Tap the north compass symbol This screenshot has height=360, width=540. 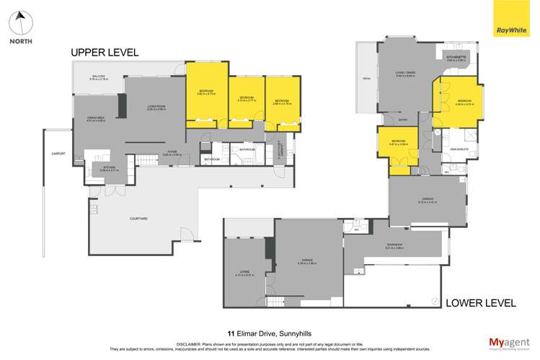21,25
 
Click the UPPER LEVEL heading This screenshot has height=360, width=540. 104,53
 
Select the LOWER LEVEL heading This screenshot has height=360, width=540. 480,303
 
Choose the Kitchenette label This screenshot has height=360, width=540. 456,58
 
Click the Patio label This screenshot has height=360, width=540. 366,79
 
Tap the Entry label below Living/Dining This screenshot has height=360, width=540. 404,120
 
